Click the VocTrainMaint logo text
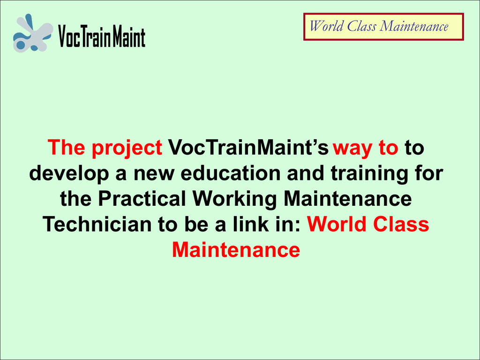tap(102, 37)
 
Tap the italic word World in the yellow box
tap(326, 26)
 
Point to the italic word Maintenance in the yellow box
tap(414, 26)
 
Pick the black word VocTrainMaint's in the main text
tap(248, 147)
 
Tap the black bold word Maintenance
tap(348, 199)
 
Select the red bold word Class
tap(401, 224)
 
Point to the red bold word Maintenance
tap(236, 250)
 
